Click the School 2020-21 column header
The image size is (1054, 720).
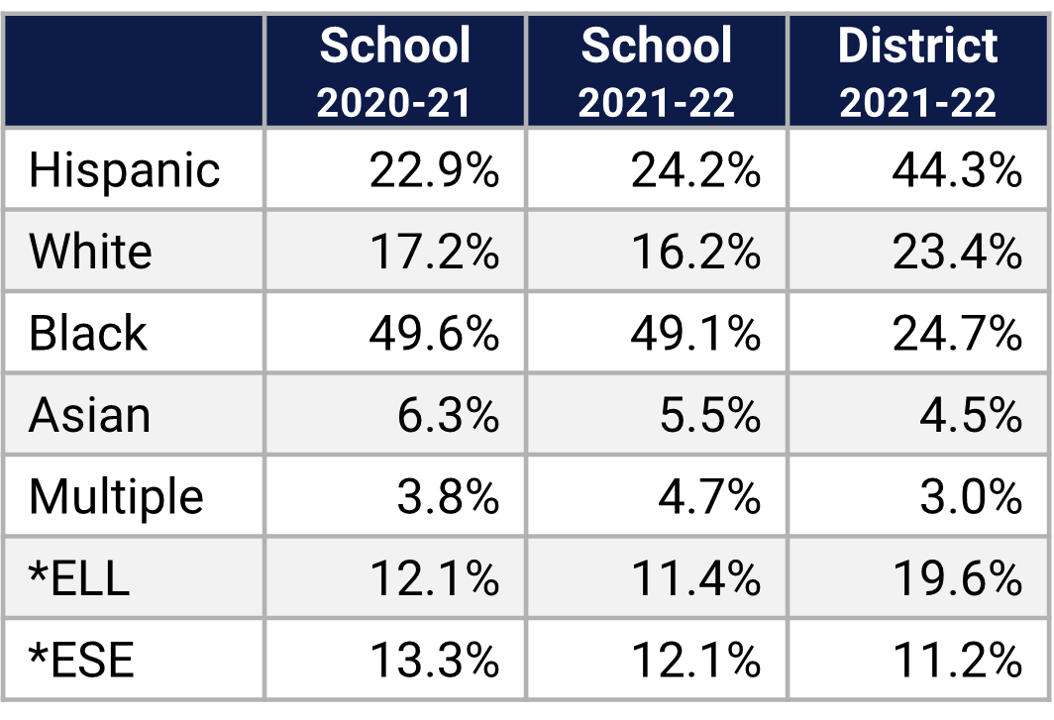(394, 71)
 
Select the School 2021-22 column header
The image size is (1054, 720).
(656, 71)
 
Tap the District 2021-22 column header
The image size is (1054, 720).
(917, 71)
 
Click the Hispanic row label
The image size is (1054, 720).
(124, 170)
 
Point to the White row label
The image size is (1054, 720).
(90, 252)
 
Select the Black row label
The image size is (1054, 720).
(87, 333)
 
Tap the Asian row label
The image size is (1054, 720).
(89, 414)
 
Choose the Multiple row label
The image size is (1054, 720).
(116, 495)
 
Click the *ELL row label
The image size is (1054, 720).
(79, 577)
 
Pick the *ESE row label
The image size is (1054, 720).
(80, 659)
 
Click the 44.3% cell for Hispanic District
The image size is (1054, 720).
(956, 170)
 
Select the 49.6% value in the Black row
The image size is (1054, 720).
(434, 333)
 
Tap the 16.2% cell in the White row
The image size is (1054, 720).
(695, 252)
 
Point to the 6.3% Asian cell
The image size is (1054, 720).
(447, 414)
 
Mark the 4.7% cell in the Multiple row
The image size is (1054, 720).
(708, 495)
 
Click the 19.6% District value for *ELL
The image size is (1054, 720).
(956, 577)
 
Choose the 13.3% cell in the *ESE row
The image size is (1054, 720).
(434, 659)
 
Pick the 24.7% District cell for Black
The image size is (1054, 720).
(956, 333)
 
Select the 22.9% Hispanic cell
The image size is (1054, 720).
(434, 170)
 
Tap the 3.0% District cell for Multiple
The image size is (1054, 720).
(970, 495)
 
